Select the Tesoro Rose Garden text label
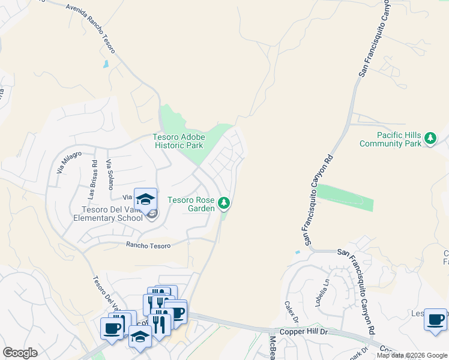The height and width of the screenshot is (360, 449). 191,204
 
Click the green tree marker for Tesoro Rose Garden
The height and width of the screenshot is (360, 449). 224,204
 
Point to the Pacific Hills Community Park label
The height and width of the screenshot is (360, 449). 390,139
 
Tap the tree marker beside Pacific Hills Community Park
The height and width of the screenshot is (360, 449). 430,139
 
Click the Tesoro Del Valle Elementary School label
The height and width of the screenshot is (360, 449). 113,214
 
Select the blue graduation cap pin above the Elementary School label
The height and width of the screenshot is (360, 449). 145,199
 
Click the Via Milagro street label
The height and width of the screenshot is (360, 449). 68,162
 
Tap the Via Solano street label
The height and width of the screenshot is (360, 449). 109,175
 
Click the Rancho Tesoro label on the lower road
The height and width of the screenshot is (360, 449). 148,245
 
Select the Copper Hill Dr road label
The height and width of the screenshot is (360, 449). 304,331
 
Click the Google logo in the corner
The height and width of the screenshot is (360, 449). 20,353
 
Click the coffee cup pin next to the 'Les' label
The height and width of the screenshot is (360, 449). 435,319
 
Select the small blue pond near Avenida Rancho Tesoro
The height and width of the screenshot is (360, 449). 106,64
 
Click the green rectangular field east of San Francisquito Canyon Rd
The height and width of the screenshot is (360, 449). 345,198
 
